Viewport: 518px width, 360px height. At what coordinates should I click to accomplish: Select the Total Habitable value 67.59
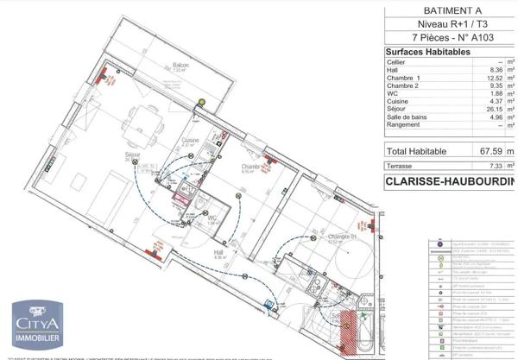[x=490, y=150]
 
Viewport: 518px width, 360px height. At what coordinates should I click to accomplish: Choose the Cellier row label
[x=397, y=62]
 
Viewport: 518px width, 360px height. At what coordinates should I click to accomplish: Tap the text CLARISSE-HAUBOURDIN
[x=449, y=182]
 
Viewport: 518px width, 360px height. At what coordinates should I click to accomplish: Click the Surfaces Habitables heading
[x=428, y=52]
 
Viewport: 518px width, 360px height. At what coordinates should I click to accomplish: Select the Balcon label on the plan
[x=180, y=65]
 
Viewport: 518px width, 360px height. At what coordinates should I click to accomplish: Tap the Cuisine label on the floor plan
[x=190, y=140]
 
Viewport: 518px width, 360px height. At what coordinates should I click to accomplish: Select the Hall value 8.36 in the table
[x=494, y=70]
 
